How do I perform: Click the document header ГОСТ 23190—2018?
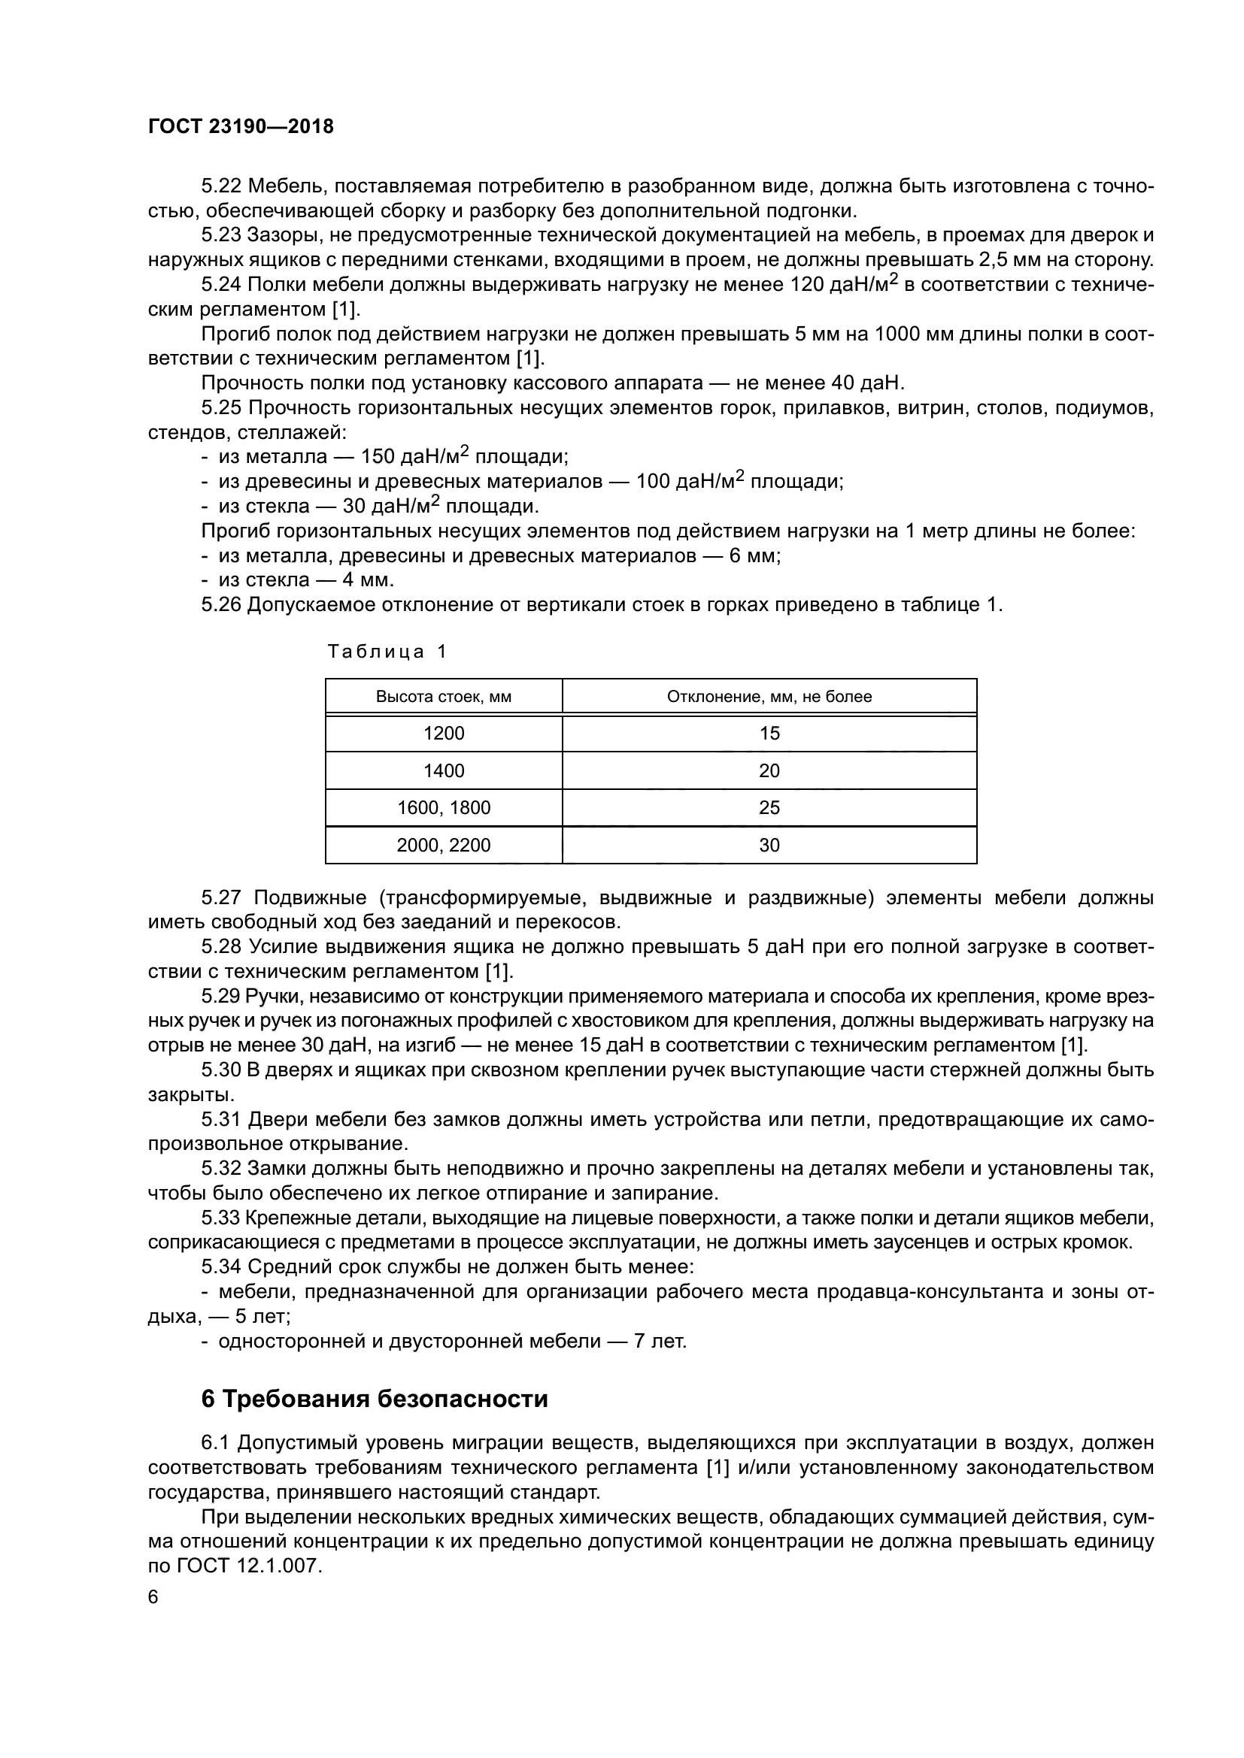click(x=241, y=127)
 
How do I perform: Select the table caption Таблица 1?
click(x=387, y=652)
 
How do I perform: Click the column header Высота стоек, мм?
click(x=444, y=697)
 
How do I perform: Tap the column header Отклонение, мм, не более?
click(x=769, y=697)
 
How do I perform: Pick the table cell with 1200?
click(x=444, y=734)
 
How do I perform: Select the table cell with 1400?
click(x=444, y=771)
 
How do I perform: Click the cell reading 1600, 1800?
click(x=444, y=808)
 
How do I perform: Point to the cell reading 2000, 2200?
click(x=444, y=846)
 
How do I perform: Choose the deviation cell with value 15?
click(x=769, y=734)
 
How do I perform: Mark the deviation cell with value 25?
click(x=769, y=808)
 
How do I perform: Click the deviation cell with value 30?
click(x=769, y=846)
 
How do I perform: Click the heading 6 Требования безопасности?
click(x=375, y=1399)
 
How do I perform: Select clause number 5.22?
click(x=221, y=186)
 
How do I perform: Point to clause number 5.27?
click(x=221, y=897)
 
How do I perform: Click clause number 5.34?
click(x=221, y=1266)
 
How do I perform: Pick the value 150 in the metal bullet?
click(x=376, y=458)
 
